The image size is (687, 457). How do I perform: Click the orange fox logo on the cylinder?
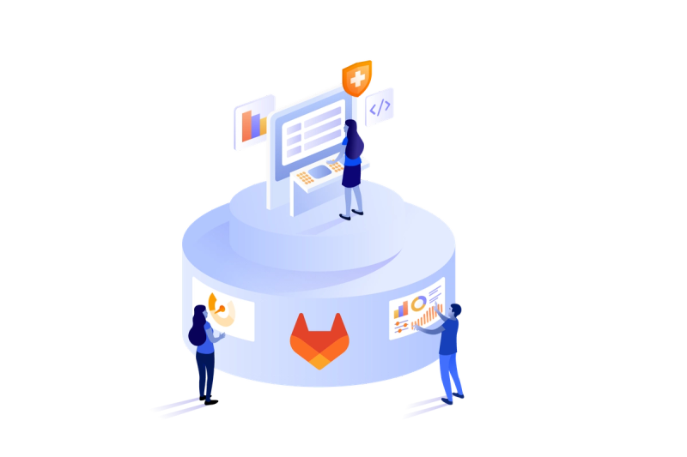coord(319,340)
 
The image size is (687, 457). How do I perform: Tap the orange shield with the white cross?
coord(356,79)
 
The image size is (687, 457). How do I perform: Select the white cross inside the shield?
coord(356,78)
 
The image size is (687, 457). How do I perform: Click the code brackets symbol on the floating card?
coord(380,107)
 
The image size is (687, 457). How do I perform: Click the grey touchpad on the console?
coord(319,172)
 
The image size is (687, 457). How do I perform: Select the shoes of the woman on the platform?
coord(351,213)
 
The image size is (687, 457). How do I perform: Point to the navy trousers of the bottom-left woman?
coord(204,373)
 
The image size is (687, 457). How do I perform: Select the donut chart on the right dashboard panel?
coord(418,303)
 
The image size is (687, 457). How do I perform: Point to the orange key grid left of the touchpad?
coord(303,178)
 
